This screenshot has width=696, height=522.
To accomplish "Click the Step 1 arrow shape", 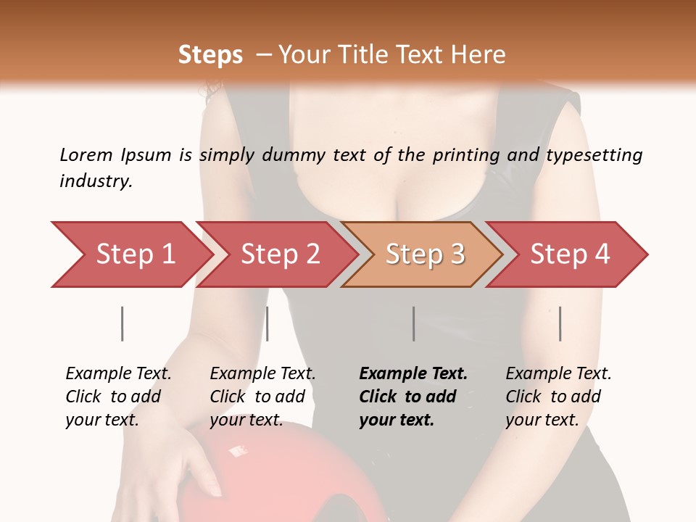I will click(x=130, y=254).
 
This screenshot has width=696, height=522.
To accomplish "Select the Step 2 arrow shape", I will click(x=279, y=254).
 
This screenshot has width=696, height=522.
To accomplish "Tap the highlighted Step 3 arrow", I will click(x=424, y=254).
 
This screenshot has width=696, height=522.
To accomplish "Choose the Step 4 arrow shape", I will click(x=569, y=254).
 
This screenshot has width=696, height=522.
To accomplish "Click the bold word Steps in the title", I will click(x=210, y=55).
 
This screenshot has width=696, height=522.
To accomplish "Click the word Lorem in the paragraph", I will click(x=86, y=154).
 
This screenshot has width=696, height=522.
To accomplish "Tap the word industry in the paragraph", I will click(x=96, y=181).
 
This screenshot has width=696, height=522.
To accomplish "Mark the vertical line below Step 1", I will click(x=122, y=323).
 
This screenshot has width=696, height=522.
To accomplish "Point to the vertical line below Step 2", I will click(x=268, y=323).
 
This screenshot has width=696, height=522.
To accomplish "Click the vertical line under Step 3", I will click(x=413, y=323).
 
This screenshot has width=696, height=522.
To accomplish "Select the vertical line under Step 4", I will click(x=560, y=323).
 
